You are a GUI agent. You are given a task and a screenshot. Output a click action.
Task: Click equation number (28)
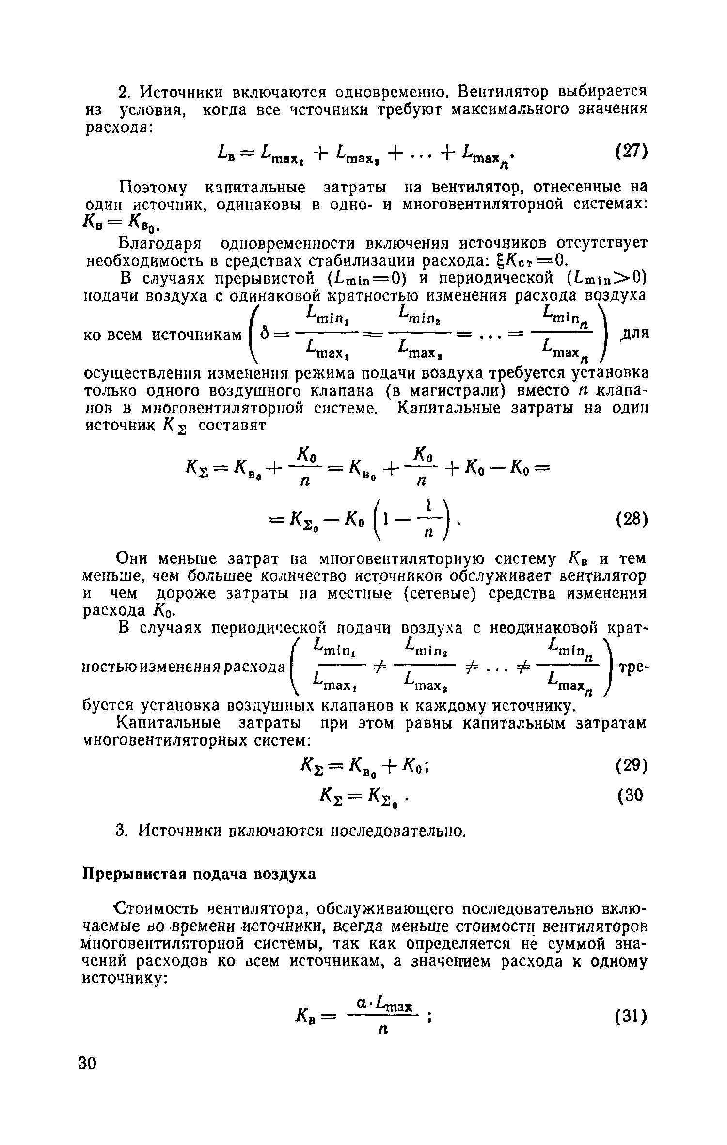[631, 520]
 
